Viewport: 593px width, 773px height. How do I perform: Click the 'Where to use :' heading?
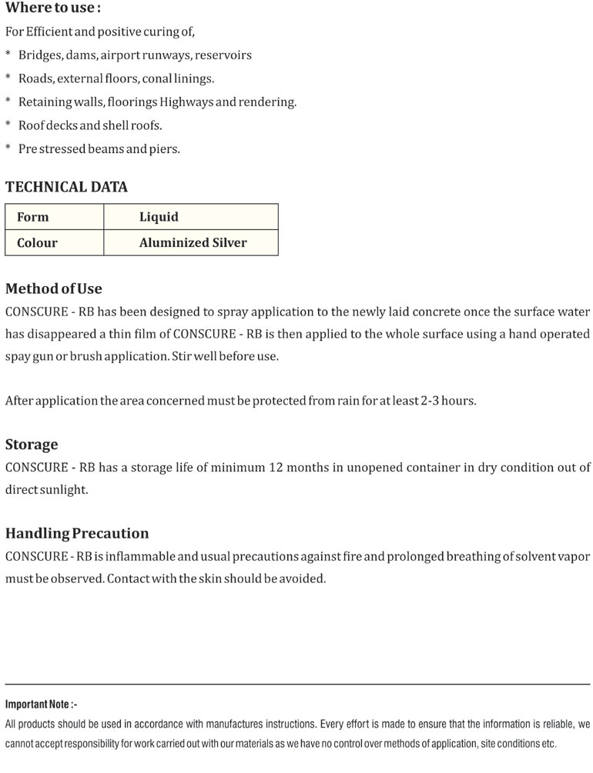coord(53,8)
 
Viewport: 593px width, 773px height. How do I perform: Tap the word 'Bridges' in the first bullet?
coord(39,55)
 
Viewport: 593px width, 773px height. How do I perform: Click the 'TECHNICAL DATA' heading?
coord(66,187)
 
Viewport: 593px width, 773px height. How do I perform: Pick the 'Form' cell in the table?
coord(32,218)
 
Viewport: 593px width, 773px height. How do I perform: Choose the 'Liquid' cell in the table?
coord(159,218)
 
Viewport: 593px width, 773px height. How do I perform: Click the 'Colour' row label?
coord(37,243)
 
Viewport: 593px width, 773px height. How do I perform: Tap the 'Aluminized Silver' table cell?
coord(193,243)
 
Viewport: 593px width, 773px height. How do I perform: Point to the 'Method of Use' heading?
coord(54,289)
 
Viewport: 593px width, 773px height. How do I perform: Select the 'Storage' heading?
coord(32,445)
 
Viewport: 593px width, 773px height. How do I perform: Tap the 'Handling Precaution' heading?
coord(77,533)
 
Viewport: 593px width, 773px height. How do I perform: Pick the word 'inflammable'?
coord(134,556)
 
